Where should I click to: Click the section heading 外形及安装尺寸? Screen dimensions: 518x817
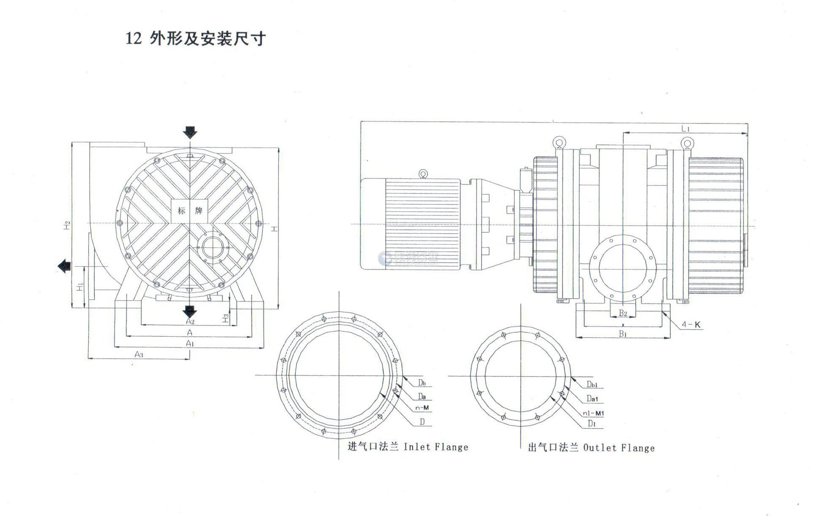(208, 39)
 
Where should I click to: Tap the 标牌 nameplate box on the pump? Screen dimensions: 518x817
(189, 210)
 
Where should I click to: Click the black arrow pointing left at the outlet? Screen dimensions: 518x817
(64, 266)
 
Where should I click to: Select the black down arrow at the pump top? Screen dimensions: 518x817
(190, 132)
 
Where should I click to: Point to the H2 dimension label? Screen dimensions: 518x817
(68, 226)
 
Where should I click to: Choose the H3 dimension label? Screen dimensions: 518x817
(226, 318)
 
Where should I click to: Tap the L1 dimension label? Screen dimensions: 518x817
(685, 129)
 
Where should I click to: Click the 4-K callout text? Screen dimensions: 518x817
(691, 325)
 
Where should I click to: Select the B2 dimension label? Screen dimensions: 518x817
(623, 313)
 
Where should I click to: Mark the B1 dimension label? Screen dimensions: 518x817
(623, 334)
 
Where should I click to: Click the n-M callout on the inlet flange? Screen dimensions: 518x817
(422, 408)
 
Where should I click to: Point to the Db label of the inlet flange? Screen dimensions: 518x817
(421, 382)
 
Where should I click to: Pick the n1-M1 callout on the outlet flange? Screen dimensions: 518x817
(594, 413)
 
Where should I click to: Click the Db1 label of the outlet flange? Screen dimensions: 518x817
(592, 385)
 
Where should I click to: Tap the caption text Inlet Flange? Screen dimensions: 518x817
(436, 447)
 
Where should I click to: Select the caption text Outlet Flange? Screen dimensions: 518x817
(619, 448)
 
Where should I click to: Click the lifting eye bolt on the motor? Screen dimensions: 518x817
(423, 174)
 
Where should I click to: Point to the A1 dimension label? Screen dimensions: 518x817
(190, 343)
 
